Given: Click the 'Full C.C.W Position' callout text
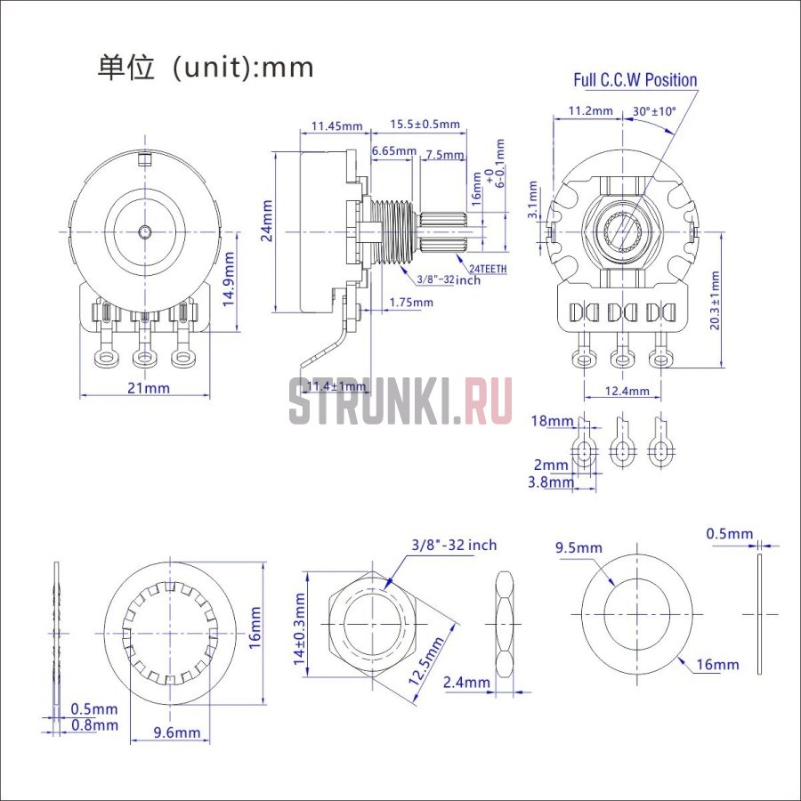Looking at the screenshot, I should (635, 80).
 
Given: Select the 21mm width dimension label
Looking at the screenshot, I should (148, 388).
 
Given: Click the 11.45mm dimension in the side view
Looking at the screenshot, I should (336, 125).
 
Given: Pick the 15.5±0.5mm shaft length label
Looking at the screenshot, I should (425, 125).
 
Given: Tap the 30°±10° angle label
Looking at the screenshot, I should (654, 111).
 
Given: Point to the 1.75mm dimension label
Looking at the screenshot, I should (411, 303).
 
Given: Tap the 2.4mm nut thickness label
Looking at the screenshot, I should (465, 683).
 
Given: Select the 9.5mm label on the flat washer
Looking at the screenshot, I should (578, 547).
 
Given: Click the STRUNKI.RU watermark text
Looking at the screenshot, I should (400, 401).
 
